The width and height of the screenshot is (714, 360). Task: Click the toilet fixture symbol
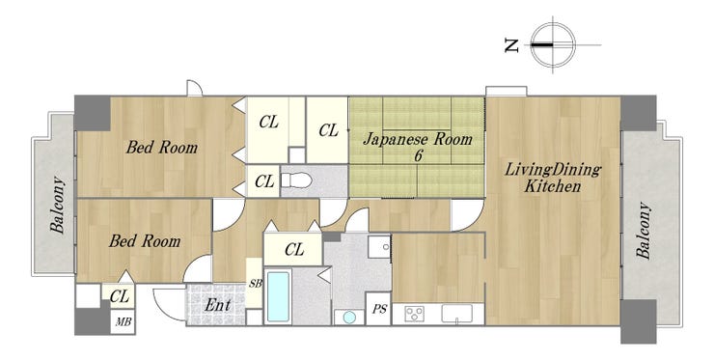click(x=296, y=180)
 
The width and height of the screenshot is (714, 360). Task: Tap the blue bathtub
click(x=278, y=296)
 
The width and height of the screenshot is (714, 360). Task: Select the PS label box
click(x=378, y=309)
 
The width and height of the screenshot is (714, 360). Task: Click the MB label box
click(x=123, y=322)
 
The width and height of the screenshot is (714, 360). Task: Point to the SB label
click(x=256, y=284)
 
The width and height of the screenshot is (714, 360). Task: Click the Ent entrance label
click(x=217, y=304)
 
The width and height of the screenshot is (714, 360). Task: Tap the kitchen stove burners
click(x=414, y=314)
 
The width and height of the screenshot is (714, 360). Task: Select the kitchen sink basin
click(x=456, y=314)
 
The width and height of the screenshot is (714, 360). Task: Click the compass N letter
click(x=512, y=45)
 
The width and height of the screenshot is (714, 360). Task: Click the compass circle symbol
click(x=553, y=45)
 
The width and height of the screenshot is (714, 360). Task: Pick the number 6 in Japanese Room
click(x=418, y=155)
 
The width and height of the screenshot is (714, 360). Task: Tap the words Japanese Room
click(x=417, y=138)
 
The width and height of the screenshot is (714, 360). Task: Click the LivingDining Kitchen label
click(x=553, y=178)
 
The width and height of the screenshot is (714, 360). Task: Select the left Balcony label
click(x=57, y=205)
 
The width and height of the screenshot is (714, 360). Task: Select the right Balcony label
click(x=644, y=230)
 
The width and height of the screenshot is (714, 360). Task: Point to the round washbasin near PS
click(x=349, y=318)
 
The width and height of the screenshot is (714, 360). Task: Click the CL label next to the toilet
click(x=264, y=181)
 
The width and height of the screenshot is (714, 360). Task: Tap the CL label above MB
click(x=120, y=296)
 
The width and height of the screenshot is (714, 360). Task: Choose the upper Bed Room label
click(x=162, y=148)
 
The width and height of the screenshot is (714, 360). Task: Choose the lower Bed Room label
click(x=145, y=240)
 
